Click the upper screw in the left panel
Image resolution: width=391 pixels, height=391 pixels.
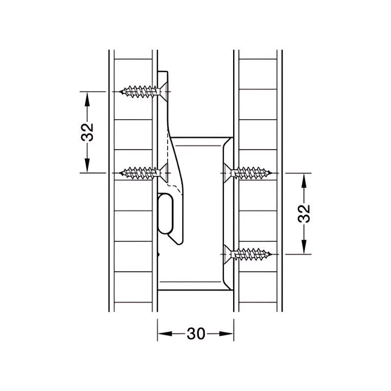click(142, 91)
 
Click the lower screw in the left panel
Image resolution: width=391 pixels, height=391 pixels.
click(142, 172)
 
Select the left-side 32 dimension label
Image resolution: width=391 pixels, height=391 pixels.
click(87, 132)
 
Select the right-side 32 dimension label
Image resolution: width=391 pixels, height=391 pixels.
click(304, 213)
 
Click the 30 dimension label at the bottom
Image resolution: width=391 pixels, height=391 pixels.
click(195, 334)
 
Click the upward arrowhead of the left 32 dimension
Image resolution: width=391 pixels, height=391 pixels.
click(87, 98)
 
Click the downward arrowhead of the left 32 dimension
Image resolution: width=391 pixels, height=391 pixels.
click(87, 166)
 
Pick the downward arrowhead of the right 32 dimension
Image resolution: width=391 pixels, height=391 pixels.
click(304, 247)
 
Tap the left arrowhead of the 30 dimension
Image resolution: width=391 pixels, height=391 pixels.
click(163, 334)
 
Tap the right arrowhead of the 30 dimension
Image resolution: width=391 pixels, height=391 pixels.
click(228, 334)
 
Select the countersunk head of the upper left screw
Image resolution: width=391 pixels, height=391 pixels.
click(163, 91)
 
